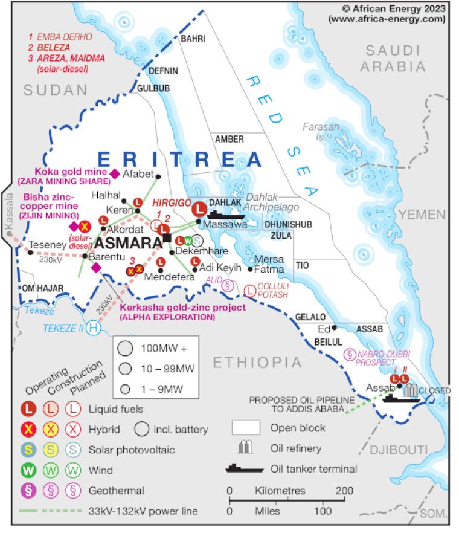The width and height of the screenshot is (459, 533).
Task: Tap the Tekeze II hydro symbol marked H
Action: click(93, 328)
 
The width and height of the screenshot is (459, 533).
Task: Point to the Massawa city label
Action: click(225, 224)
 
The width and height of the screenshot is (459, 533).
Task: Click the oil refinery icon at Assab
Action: click(411, 390)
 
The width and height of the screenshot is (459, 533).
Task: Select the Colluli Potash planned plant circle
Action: click(249, 291)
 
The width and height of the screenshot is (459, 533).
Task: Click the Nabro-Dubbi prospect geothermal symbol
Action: click(348, 355)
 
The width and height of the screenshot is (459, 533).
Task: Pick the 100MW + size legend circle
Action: click(126, 349)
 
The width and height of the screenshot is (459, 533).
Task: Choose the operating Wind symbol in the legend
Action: click(28, 470)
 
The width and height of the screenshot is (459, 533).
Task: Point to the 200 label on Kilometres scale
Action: click(345, 490)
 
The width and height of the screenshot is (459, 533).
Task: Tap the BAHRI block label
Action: click(193, 39)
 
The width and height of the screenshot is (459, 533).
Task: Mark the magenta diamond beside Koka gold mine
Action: click(115, 173)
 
